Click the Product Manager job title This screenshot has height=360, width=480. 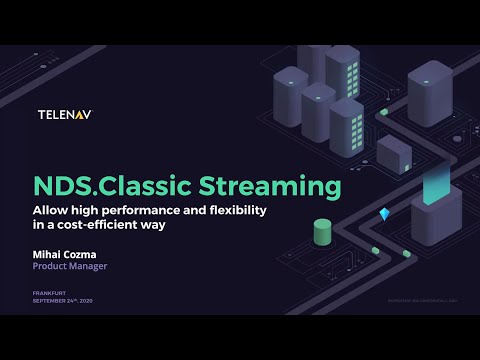(69, 267)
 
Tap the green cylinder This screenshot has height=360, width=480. (322, 232)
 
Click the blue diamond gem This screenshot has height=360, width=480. (385, 215)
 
